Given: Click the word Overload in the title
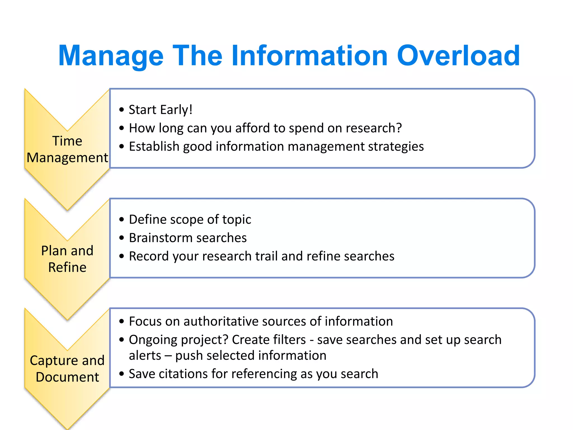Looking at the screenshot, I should tap(458, 56).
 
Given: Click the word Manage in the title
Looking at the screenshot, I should tap(111, 56).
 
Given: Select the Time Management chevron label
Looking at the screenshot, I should tap(67, 149).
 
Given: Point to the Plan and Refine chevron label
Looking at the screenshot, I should tap(67, 259).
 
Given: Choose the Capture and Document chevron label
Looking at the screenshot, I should tap(67, 369).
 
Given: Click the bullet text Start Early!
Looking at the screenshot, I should tap(160, 109).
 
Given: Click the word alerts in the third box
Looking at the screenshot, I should tap(145, 356).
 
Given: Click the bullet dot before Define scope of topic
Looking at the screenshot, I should tap(121, 220).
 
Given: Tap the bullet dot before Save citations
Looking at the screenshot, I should tap(121, 374).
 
